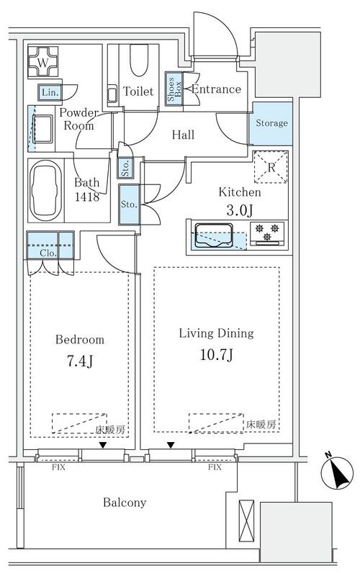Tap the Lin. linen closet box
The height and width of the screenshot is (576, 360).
(50, 92)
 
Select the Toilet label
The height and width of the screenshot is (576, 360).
(138, 91)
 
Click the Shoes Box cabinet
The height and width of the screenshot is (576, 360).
(174, 90)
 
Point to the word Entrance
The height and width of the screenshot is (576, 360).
(216, 89)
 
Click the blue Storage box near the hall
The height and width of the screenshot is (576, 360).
(269, 123)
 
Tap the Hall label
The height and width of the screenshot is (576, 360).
(183, 135)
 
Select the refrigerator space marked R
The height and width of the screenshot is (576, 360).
(271, 168)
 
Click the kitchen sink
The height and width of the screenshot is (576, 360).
(212, 235)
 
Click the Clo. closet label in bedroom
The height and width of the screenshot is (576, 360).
(48, 253)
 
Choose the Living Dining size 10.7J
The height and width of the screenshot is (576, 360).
(215, 355)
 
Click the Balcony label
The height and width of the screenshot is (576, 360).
(123, 503)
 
